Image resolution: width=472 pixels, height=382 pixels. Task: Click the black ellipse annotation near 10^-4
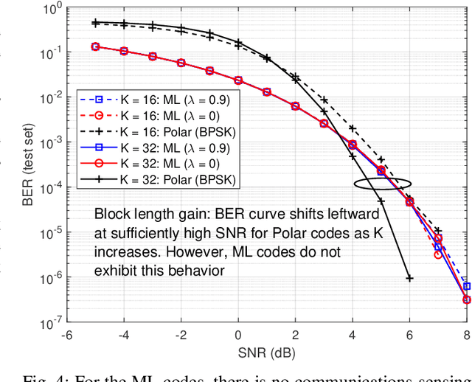click(x=381, y=184)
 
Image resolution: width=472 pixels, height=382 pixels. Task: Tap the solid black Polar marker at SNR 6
click(x=409, y=278)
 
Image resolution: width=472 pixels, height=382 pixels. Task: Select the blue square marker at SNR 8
click(x=466, y=286)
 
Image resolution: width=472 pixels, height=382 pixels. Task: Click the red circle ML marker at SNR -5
click(x=95, y=46)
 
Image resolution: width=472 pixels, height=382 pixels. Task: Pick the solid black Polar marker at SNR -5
click(x=95, y=23)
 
